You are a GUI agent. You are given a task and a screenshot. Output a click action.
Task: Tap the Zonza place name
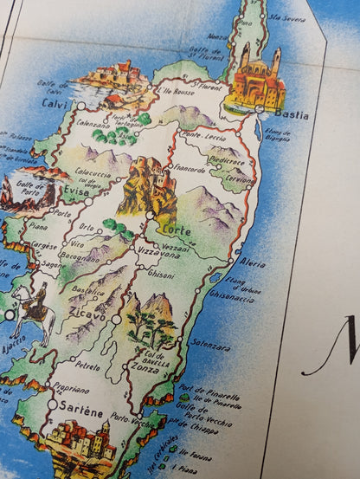point(144,367)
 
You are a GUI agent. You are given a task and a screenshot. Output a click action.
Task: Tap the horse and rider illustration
point(35,307)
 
